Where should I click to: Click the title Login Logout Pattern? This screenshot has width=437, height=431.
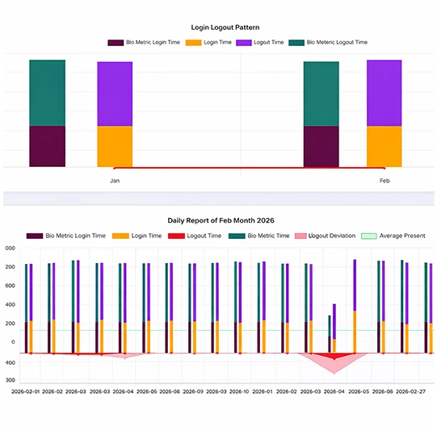point(219,27)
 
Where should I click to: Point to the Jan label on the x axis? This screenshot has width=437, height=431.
point(115,181)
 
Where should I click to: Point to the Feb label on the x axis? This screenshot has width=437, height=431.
point(384,181)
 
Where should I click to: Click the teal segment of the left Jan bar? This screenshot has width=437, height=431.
point(47,93)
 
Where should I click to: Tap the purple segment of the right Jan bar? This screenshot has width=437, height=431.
point(115,94)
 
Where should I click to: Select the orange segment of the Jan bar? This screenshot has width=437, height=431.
point(115,146)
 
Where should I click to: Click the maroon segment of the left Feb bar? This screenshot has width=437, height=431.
point(321,146)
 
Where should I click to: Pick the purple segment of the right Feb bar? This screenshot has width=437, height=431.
point(384,93)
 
